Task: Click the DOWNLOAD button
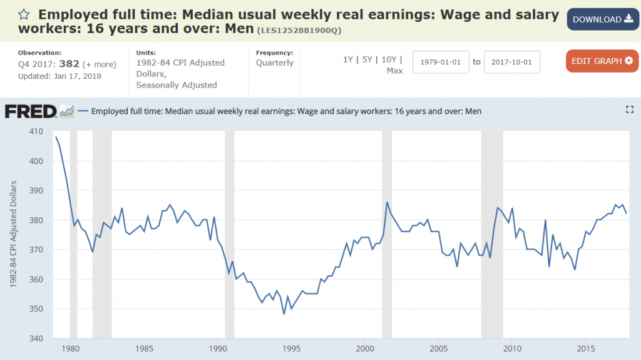coord(603,19)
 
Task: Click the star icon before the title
coord(24,14)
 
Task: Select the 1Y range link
coord(347,59)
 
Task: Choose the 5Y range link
coord(368,59)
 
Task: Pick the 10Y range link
coord(389,59)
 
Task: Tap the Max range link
coord(394,71)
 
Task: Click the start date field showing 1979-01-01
coord(441,62)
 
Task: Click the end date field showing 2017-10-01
coord(511,62)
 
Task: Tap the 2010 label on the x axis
coord(512,349)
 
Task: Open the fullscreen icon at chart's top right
coord(630,110)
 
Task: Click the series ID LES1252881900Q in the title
coord(300,30)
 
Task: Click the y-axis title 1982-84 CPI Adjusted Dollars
coord(13,235)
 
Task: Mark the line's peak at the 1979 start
coord(56,137)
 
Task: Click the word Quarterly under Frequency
coord(274,63)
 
